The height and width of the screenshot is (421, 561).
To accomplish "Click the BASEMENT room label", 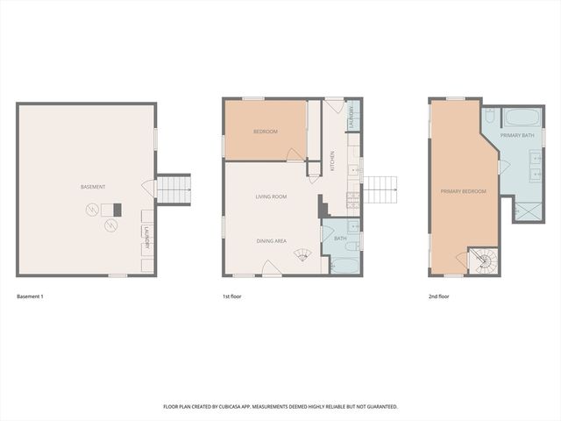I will pyautogui.click(x=92, y=187).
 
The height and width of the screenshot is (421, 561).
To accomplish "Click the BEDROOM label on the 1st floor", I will pyautogui.click(x=265, y=132).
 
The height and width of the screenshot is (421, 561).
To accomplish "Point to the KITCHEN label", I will pyautogui.click(x=332, y=161).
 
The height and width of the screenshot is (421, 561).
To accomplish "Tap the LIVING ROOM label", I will pyautogui.click(x=271, y=196).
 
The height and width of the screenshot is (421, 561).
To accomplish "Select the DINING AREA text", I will pyautogui.click(x=271, y=240).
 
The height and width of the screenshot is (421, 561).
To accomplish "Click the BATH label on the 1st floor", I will pyautogui.click(x=341, y=238).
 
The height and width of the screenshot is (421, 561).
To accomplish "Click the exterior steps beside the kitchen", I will pyautogui.click(x=380, y=189).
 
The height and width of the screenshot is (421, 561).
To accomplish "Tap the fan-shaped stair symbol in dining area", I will pyautogui.click(x=302, y=255).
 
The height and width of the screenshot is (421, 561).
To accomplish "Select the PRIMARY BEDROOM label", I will pyautogui.click(x=463, y=189).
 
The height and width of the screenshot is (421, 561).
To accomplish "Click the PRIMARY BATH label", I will pyautogui.click(x=517, y=136).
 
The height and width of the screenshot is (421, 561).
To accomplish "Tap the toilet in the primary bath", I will pyautogui.click(x=491, y=116).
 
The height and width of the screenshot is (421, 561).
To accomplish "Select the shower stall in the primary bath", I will pyautogui.click(x=528, y=210).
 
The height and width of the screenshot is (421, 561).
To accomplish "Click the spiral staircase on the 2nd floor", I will pyautogui.click(x=483, y=260).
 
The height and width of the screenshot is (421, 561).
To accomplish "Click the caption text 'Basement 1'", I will pyautogui.click(x=30, y=296).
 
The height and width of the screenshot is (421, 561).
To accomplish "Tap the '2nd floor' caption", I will pyautogui.click(x=439, y=296).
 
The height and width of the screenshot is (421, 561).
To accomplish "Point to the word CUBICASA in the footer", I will pyautogui.click(x=250, y=407).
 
